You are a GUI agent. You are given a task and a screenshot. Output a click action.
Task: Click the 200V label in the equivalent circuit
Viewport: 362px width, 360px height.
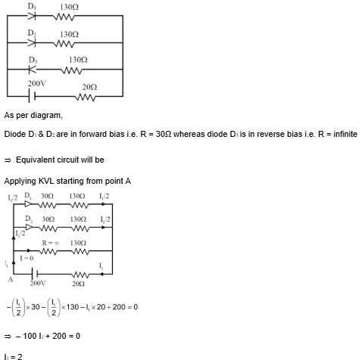pos(38,284)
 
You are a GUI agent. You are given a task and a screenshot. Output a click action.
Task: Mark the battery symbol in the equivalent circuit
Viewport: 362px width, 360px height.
pos(34,273)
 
